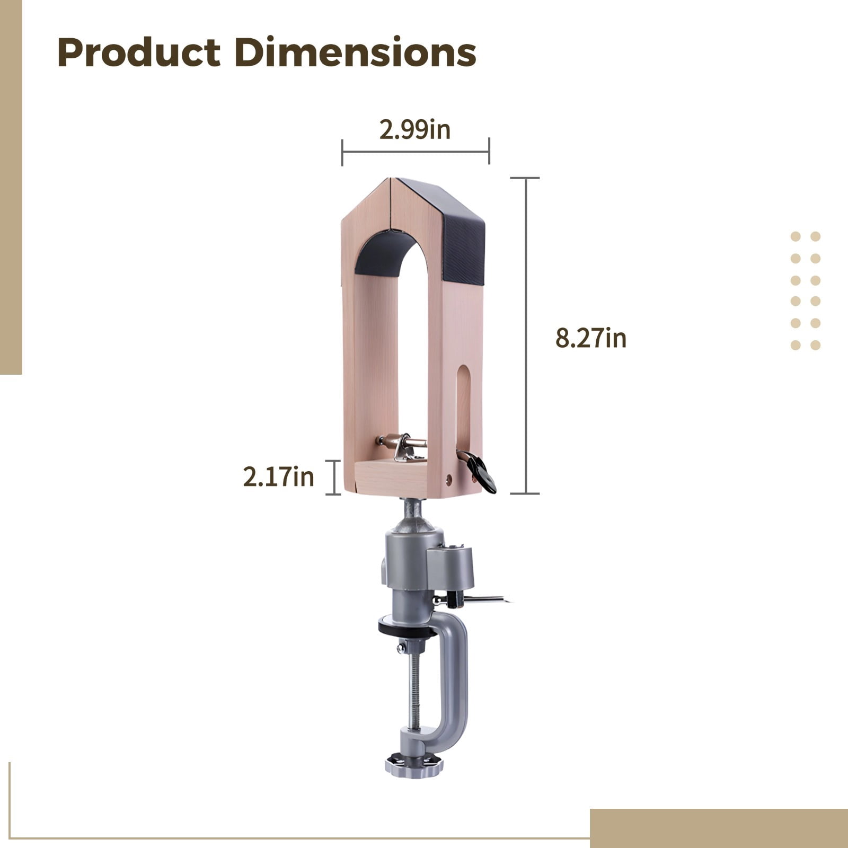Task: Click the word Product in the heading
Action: pos(139,53)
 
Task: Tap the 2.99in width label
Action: pos(415,130)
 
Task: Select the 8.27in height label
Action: pos(591,338)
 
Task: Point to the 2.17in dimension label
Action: pos(279,477)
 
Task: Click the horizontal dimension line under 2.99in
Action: pos(416,152)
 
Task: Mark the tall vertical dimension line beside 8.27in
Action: pos(526,335)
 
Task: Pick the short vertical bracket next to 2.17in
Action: pos(334,478)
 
